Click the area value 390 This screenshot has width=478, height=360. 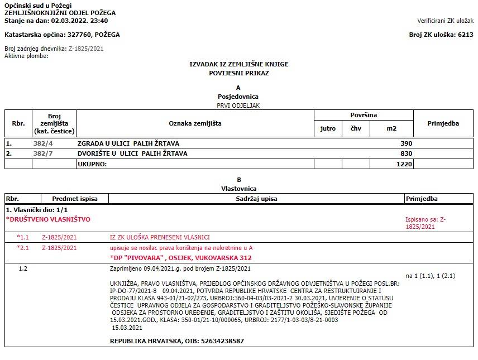click(406, 143)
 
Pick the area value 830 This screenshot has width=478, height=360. click(406, 153)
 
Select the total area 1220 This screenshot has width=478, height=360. click(404, 164)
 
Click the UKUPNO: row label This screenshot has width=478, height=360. click(92, 164)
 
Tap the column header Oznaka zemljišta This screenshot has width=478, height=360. click(195, 123)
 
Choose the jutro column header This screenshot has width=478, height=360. click(328, 128)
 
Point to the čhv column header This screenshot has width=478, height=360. click(356, 128)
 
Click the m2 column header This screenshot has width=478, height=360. click(391, 128)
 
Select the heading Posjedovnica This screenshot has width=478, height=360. click(238, 96)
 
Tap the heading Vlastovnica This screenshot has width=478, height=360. click(238, 189)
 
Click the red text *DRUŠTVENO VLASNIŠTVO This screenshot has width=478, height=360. click(48, 219)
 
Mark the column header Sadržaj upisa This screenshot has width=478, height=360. click(256, 199)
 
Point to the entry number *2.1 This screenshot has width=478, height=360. click(23, 248)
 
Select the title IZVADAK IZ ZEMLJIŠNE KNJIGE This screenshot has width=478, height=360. click(239, 65)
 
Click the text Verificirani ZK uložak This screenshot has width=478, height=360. click(445, 21)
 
